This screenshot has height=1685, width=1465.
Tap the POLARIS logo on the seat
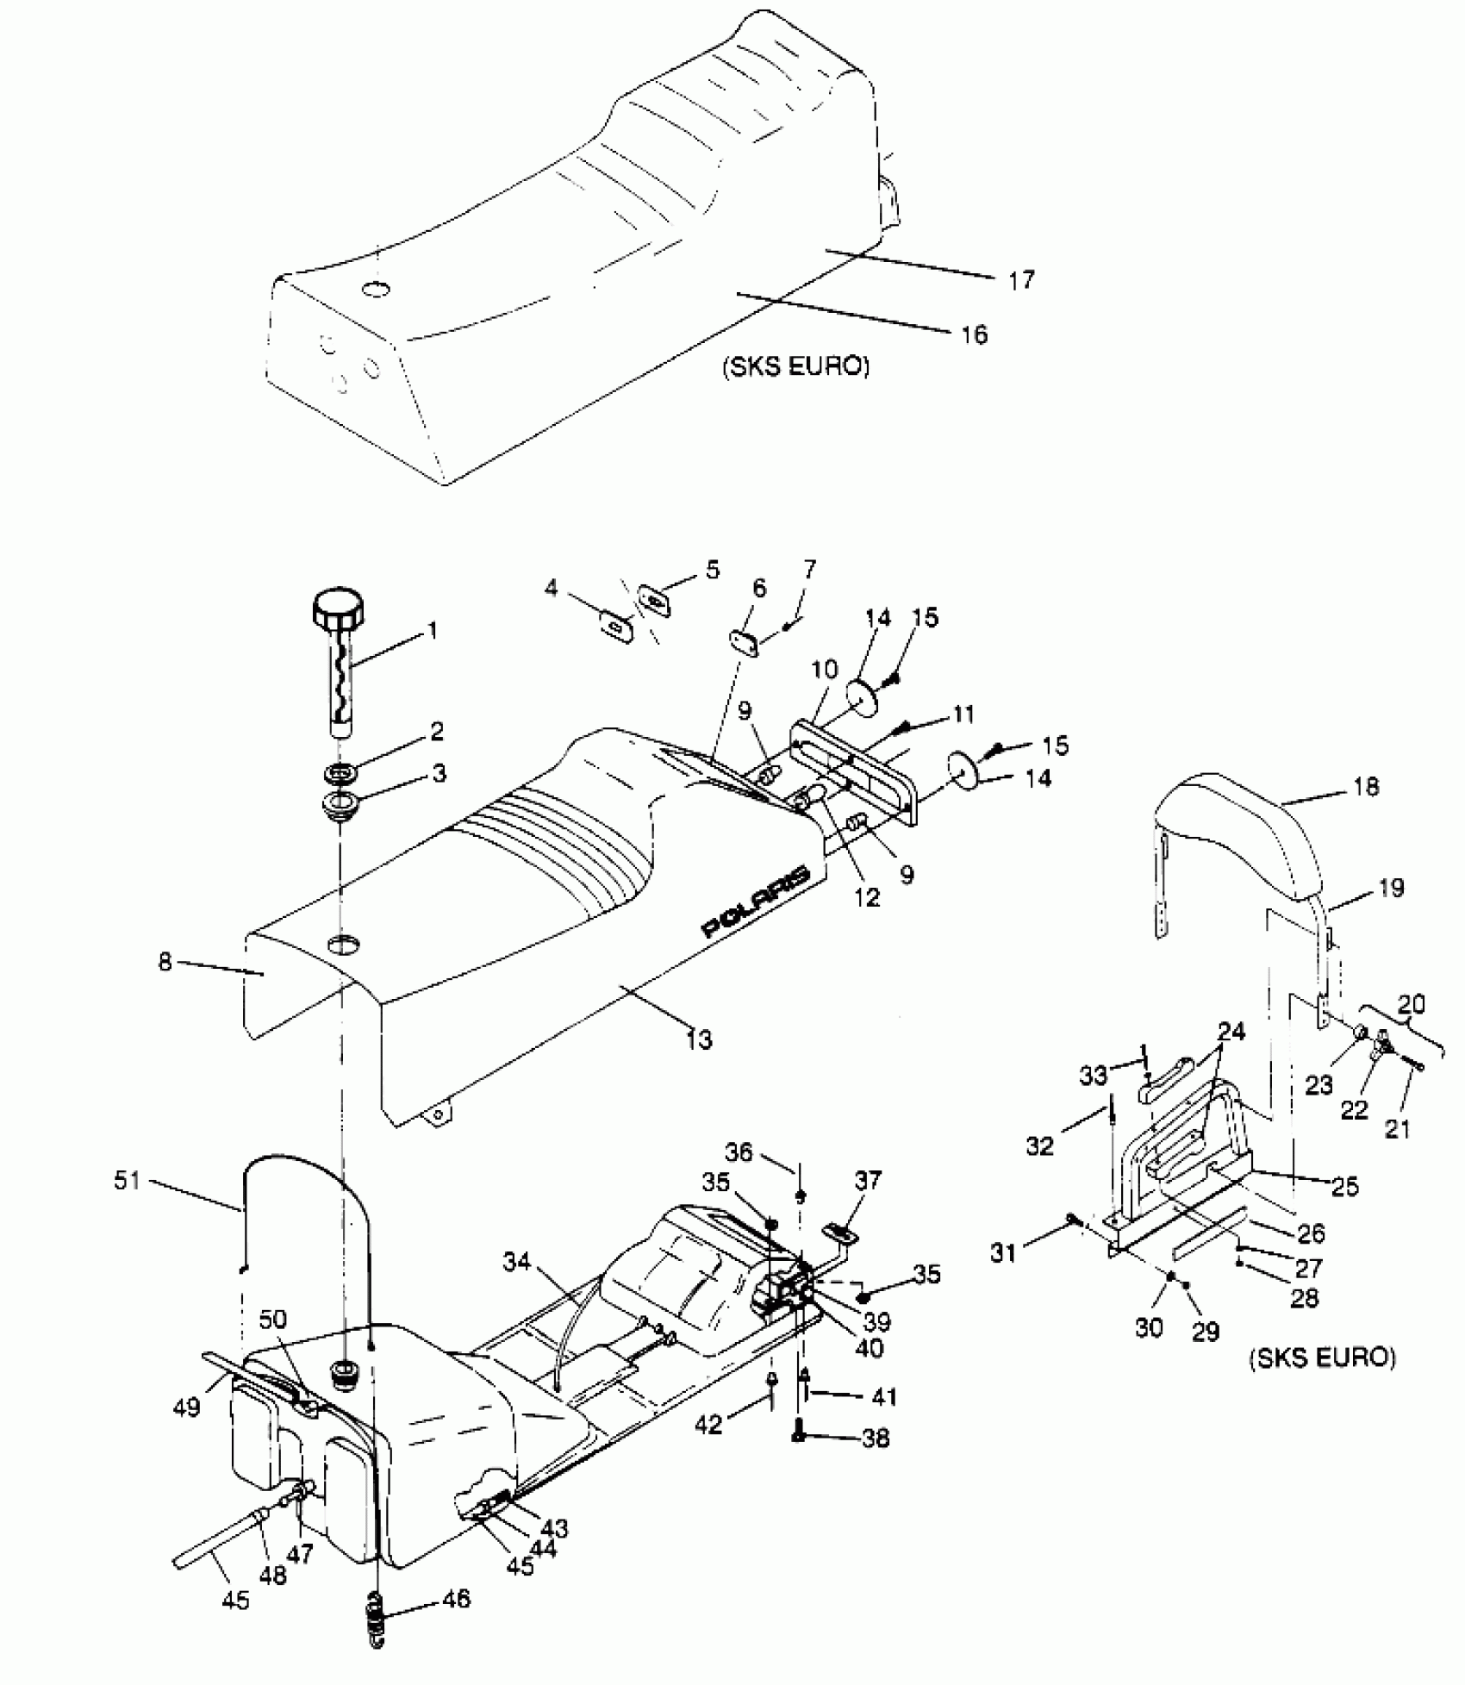(757, 901)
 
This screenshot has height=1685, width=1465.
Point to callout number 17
(1021, 280)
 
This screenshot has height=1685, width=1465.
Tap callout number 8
(165, 961)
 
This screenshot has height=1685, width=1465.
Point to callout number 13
(699, 1039)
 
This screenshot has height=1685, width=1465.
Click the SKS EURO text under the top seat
(795, 366)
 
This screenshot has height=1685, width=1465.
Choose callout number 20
(1412, 1004)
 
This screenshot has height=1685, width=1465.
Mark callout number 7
(809, 570)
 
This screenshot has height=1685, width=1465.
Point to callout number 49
(187, 1407)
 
